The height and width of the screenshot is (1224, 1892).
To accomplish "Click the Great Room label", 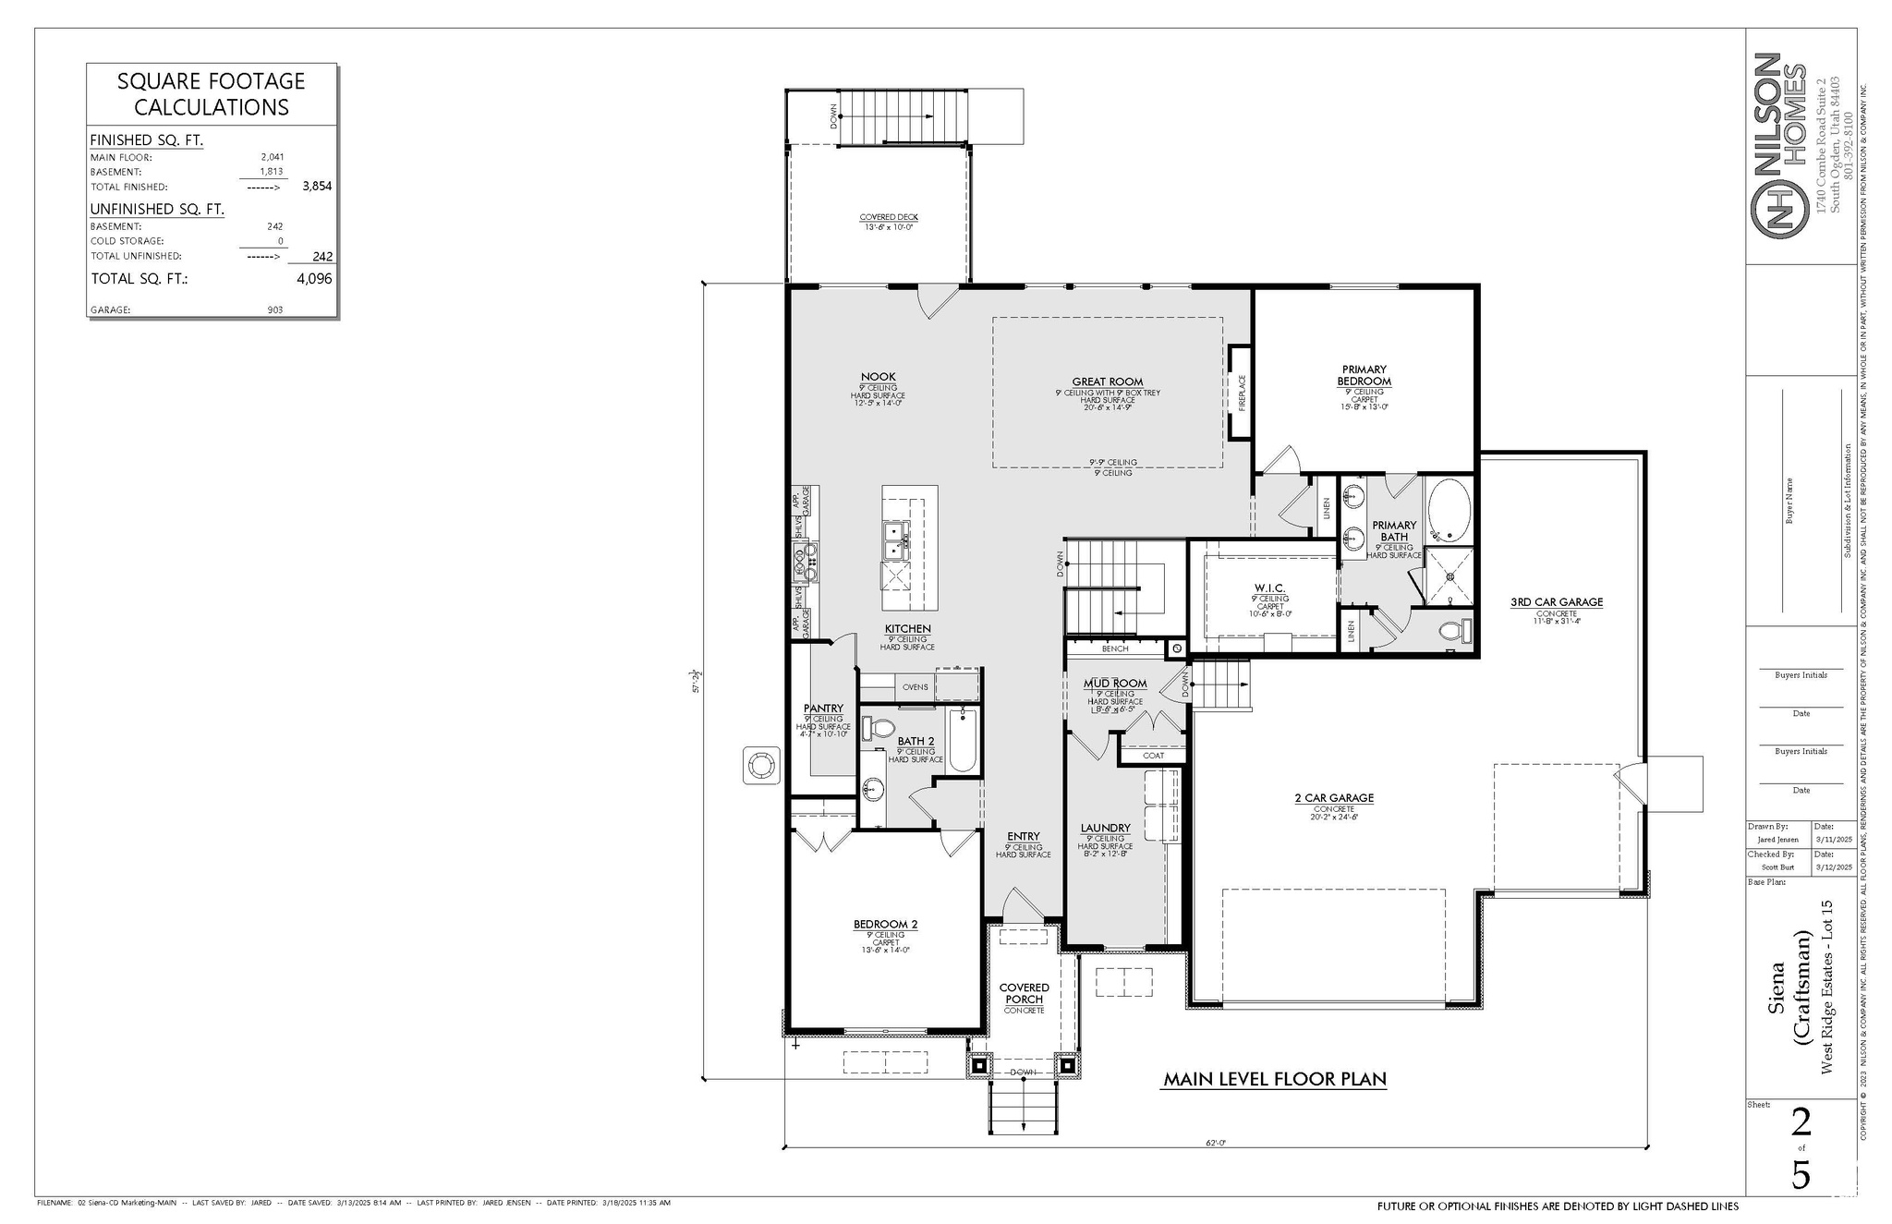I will pyautogui.click(x=1107, y=382).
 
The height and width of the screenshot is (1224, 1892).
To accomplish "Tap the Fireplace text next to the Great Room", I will pyautogui.click(x=1242, y=393).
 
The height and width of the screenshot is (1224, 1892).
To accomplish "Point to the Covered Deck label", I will pyautogui.click(x=888, y=218).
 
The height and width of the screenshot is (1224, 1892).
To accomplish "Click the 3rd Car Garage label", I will pyautogui.click(x=1557, y=602).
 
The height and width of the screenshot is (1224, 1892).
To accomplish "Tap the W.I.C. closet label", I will pyautogui.click(x=1269, y=588).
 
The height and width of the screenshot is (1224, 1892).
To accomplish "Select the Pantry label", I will pyautogui.click(x=823, y=709).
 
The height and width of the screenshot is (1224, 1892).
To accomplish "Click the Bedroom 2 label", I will pyautogui.click(x=885, y=924).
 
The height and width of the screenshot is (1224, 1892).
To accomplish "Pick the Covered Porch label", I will pyautogui.click(x=1024, y=993).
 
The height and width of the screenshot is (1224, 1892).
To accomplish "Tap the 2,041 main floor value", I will pyautogui.click(x=272, y=157).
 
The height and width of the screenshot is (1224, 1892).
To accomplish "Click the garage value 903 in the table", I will pyautogui.click(x=274, y=310).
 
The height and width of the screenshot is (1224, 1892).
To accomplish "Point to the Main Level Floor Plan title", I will pyautogui.click(x=1274, y=1079).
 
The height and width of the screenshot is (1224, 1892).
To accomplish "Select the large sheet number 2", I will pyautogui.click(x=1801, y=1122).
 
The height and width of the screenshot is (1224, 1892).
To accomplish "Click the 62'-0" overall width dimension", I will pyautogui.click(x=1215, y=1143).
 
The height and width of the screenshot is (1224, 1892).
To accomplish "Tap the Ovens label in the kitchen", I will pyautogui.click(x=915, y=687).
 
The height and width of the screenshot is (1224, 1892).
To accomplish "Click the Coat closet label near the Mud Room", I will pyautogui.click(x=1153, y=756).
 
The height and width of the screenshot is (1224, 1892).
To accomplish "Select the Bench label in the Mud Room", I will pyautogui.click(x=1114, y=648).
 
